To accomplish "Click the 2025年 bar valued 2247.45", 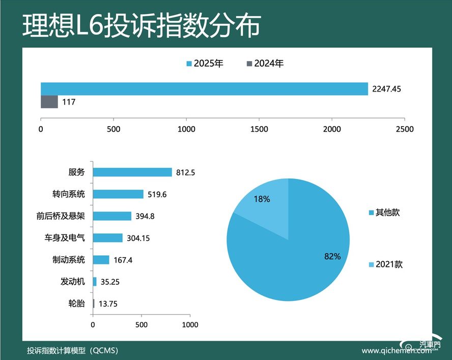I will point(204,89).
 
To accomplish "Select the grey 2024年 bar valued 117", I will point(49,102).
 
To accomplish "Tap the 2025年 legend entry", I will point(205,64).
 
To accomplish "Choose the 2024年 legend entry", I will point(265,64).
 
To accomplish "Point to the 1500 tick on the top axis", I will point(260,129).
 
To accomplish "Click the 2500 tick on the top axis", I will point(405,129).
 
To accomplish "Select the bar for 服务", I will point(132,172).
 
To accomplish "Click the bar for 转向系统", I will point(118,194).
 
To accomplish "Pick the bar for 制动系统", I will point(101,260).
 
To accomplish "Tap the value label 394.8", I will point(145,216).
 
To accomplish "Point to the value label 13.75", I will point(108,304).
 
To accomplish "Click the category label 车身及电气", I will point(65,238).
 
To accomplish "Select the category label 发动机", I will point(72,282).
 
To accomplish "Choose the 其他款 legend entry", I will point(384,213).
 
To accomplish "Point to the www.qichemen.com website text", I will point(392,351).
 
